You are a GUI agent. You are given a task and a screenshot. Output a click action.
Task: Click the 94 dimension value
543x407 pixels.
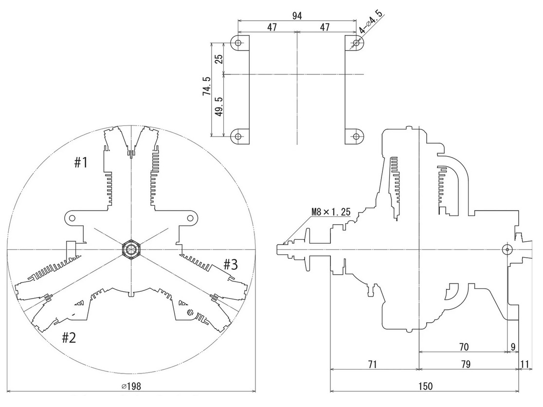pos(297,16)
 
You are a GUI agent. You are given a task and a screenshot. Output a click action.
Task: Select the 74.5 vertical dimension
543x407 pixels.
pos(207,90)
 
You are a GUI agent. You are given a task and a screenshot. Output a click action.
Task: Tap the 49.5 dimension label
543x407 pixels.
pos(218,106)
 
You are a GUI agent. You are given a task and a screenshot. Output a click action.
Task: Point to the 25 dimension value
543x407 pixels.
pos(218,58)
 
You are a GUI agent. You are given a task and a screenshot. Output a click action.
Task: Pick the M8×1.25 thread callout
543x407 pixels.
pos(330,212)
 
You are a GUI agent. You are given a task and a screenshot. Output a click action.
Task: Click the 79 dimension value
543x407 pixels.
pos(466,364)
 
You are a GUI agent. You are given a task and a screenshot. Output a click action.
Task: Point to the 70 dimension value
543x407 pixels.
pos(463,346)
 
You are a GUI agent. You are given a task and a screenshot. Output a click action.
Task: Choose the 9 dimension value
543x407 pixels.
pos(512,346)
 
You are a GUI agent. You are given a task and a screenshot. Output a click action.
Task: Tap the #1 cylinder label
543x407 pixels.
pos(81,162)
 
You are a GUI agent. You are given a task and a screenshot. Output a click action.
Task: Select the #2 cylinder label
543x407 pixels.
pos(69,337)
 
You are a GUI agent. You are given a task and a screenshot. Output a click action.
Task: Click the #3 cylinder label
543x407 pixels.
pos(231,265)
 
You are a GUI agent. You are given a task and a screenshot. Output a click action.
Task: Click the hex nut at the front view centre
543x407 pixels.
pos(131,249)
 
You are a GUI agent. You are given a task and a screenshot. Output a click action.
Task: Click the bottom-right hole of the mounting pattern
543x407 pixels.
pos(356,137)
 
